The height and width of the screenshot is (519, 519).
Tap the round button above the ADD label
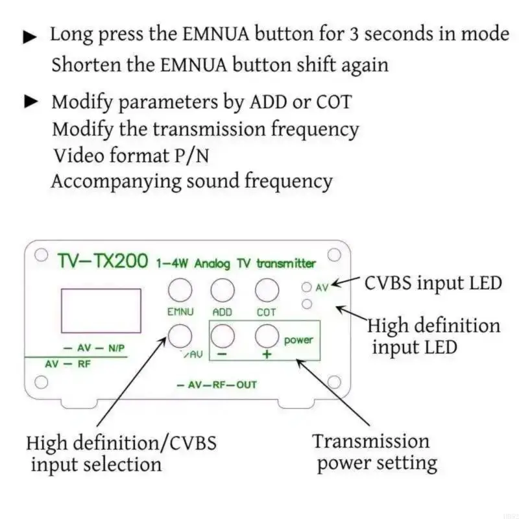point(223,289)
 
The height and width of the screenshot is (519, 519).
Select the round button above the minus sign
point(223,335)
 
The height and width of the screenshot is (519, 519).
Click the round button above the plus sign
point(267,335)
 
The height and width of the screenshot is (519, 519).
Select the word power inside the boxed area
point(298,339)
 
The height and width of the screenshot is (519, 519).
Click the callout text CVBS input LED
point(433,283)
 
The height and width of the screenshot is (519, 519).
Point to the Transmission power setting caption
point(373,452)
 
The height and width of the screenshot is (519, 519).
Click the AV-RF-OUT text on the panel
point(217,385)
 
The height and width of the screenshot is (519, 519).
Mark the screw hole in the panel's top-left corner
point(40,254)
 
